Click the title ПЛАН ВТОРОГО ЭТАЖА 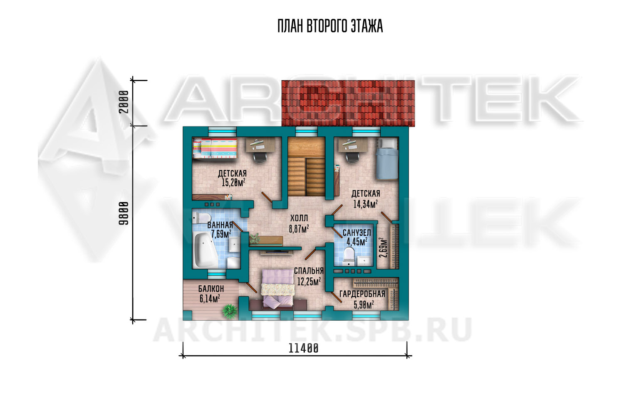coord(330,27)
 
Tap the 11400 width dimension coord(303,348)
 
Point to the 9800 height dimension coord(124,213)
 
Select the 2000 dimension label coord(124,102)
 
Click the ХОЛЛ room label coord(299,218)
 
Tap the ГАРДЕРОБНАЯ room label coord(362,294)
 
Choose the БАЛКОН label coord(211,289)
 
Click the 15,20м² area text coord(233,183)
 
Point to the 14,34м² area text coord(366,204)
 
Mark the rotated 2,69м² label coord(383,248)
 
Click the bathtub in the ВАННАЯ coord(206,250)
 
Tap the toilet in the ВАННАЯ coord(202,218)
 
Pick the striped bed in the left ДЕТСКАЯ coord(215,148)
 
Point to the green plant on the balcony coord(230,311)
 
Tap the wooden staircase coord(307,167)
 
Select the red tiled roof coord(348,103)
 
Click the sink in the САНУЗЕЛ coord(364,261)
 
